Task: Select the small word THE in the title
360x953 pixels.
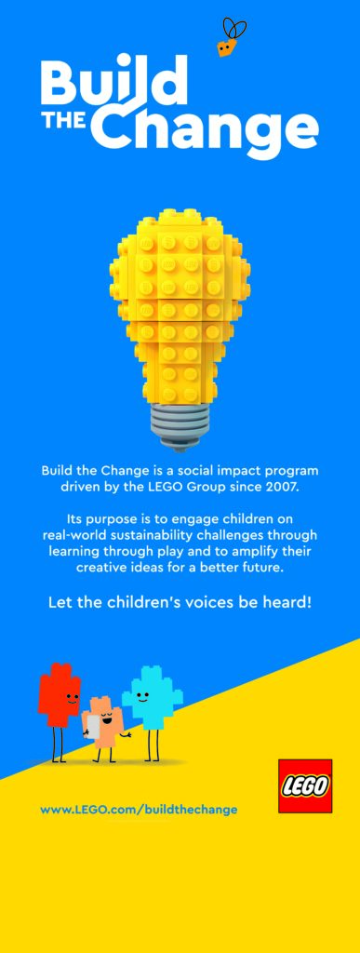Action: coord(67,122)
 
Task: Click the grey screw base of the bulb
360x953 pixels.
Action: coord(179,424)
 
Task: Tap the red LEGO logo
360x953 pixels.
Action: coord(305,785)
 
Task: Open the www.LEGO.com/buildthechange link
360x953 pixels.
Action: coord(139,810)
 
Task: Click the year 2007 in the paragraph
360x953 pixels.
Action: coord(285,487)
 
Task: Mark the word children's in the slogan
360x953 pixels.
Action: coord(134,604)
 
